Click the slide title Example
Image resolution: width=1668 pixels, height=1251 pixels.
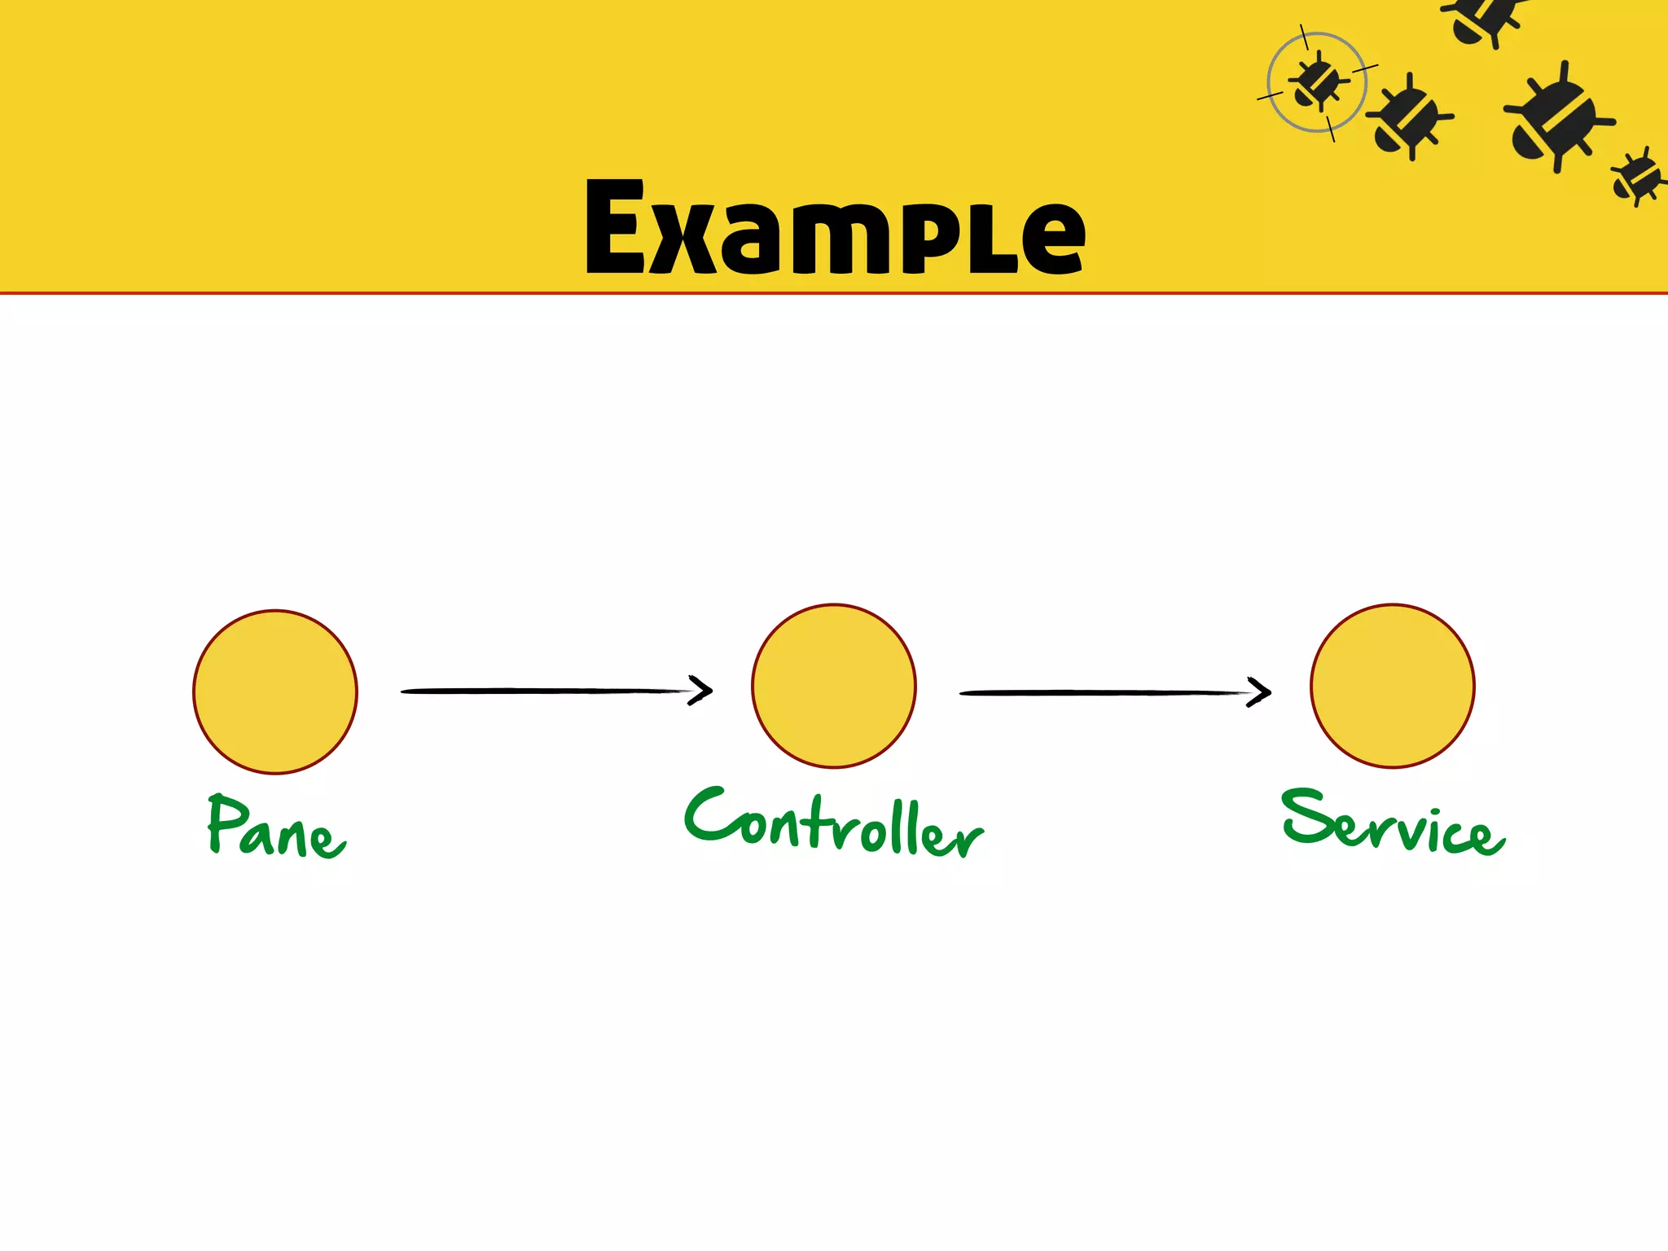[x=835, y=228]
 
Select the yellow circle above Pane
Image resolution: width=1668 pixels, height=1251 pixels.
[x=275, y=691]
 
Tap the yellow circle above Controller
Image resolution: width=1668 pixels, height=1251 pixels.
[x=834, y=686]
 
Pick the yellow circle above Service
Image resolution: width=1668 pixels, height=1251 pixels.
[x=1393, y=686]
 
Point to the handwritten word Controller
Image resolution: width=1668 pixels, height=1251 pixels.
[x=834, y=823]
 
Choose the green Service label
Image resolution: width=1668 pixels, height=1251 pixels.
[x=1393, y=823]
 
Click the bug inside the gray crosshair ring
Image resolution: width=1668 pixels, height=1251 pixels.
[x=1316, y=82]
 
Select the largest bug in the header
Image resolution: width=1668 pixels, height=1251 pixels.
[x=1556, y=118]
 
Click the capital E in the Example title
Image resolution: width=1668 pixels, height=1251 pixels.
[x=616, y=228]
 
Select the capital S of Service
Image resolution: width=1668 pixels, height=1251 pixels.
[x=1306, y=817]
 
